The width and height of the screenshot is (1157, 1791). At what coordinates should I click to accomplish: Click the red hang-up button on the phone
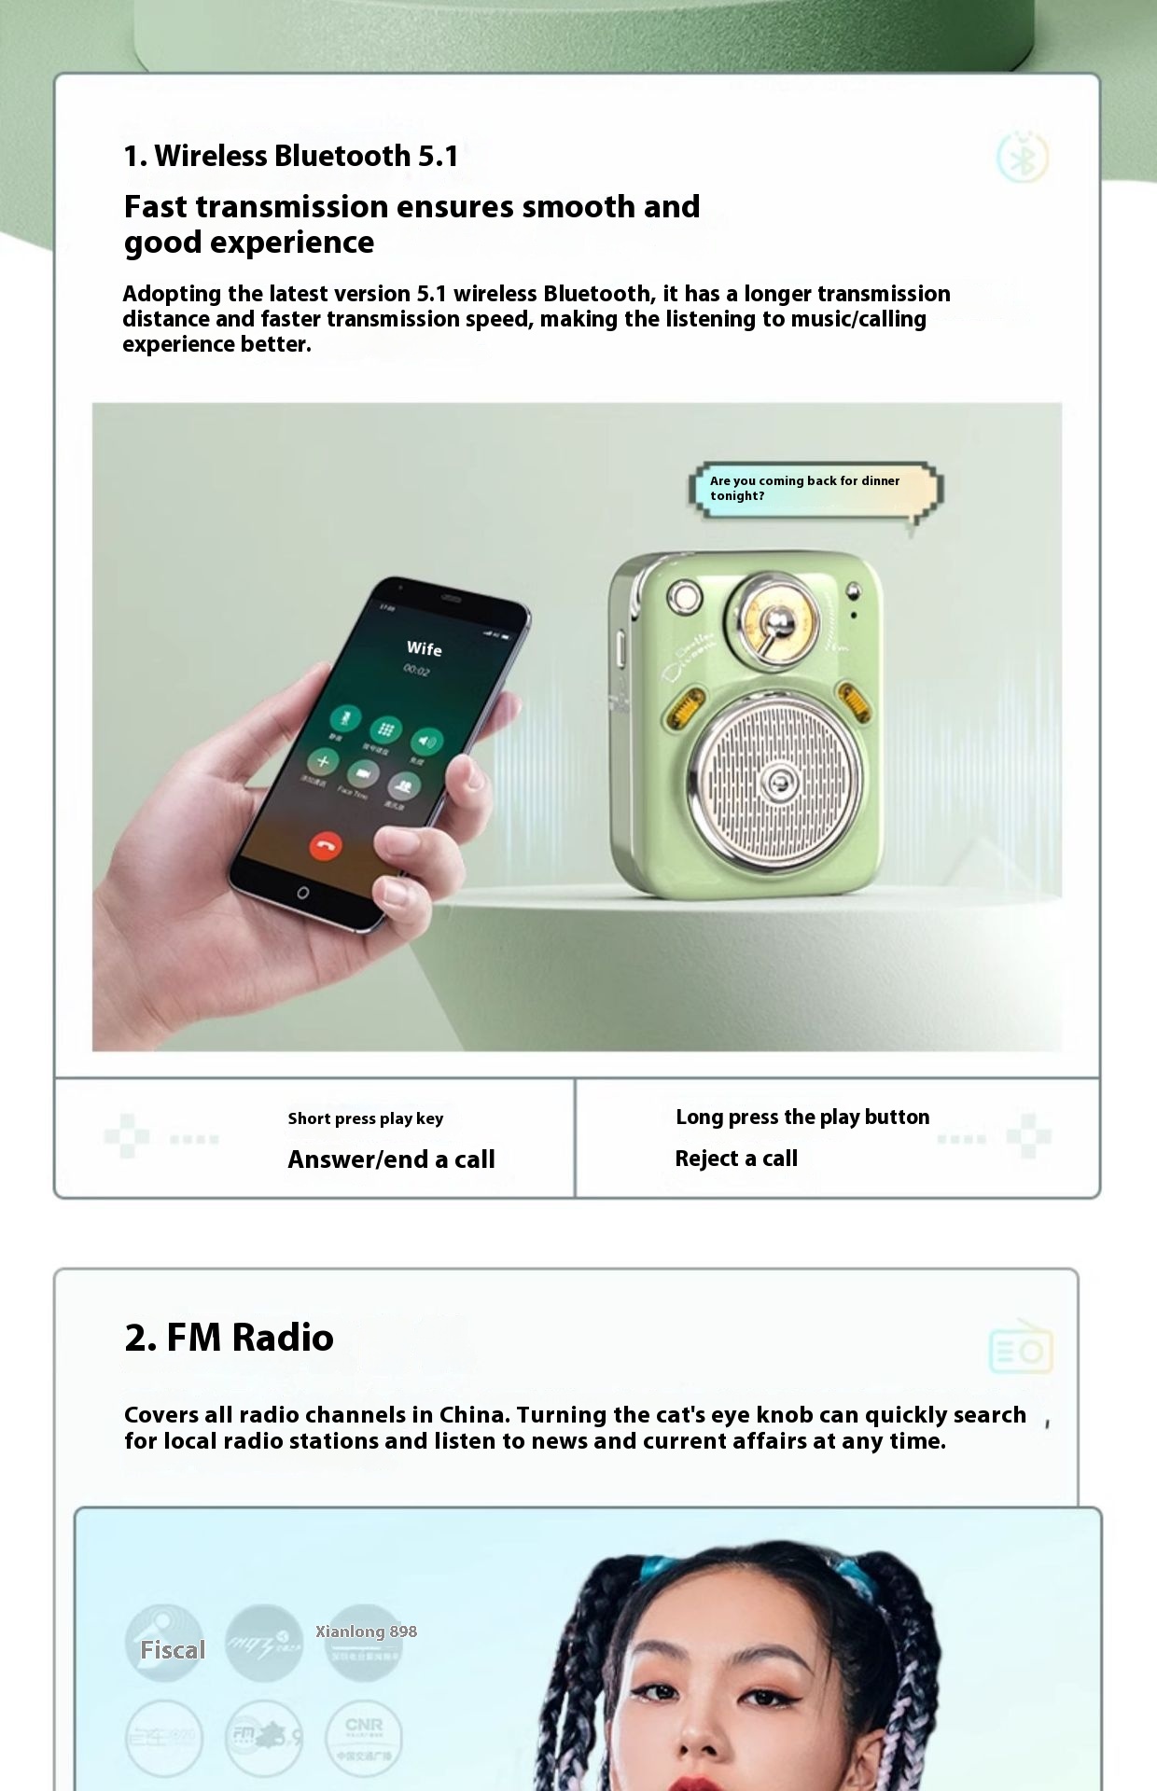click(x=326, y=846)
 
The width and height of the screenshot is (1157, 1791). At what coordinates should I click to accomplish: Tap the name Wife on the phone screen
click(x=424, y=648)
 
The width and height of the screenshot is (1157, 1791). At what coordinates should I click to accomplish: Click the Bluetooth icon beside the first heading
click(x=1023, y=157)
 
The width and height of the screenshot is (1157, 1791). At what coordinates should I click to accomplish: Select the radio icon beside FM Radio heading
click(x=1021, y=1348)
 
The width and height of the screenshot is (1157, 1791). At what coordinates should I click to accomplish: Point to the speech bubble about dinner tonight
click(x=815, y=489)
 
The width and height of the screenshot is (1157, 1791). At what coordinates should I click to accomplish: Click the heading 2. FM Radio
click(x=229, y=1338)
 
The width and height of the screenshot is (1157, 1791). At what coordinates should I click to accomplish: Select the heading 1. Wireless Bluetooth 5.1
click(x=290, y=156)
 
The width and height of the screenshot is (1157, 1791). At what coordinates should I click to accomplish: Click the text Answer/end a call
click(x=391, y=1159)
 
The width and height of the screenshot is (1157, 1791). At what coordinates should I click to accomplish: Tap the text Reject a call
click(x=736, y=1159)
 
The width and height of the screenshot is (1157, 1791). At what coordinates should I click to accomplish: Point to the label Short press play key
click(x=365, y=1118)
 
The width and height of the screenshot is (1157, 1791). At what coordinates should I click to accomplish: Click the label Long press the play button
click(x=802, y=1118)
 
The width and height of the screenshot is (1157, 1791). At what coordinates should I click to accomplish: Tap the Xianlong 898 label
click(x=366, y=1631)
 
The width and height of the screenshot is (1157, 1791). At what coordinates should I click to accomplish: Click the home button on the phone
click(x=302, y=893)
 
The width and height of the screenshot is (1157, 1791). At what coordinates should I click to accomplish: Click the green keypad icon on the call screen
click(x=385, y=729)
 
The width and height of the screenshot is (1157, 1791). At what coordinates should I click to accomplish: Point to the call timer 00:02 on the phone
click(x=416, y=670)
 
